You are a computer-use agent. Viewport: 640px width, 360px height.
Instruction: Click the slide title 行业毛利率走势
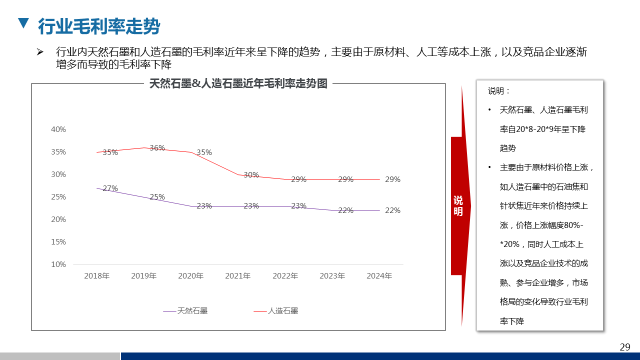click(99, 26)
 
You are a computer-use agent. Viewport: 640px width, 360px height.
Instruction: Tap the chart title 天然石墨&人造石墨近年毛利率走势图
click(238, 83)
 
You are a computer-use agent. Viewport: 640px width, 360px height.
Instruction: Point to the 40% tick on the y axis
click(58, 129)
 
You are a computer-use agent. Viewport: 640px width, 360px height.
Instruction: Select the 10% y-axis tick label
click(58, 264)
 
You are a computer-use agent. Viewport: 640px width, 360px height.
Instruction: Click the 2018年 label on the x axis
click(96, 276)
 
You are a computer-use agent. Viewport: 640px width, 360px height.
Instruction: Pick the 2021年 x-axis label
click(238, 276)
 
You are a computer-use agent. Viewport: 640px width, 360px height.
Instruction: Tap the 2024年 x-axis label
click(379, 276)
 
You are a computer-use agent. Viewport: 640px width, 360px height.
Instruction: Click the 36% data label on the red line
click(157, 148)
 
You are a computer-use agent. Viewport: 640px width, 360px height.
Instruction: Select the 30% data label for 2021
click(251, 175)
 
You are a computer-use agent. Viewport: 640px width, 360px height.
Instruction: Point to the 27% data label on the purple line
click(110, 188)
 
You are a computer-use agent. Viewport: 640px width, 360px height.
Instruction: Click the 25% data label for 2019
click(157, 197)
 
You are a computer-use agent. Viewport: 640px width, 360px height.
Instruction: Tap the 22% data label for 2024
click(392, 210)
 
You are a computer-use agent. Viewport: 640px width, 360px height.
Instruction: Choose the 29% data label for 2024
click(392, 179)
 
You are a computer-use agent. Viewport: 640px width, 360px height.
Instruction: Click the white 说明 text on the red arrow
click(458, 206)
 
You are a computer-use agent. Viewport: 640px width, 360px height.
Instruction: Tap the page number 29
click(625, 347)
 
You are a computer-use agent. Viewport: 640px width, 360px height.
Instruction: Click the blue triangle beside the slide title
click(22, 23)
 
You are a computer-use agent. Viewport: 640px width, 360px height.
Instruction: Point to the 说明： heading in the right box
click(499, 91)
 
